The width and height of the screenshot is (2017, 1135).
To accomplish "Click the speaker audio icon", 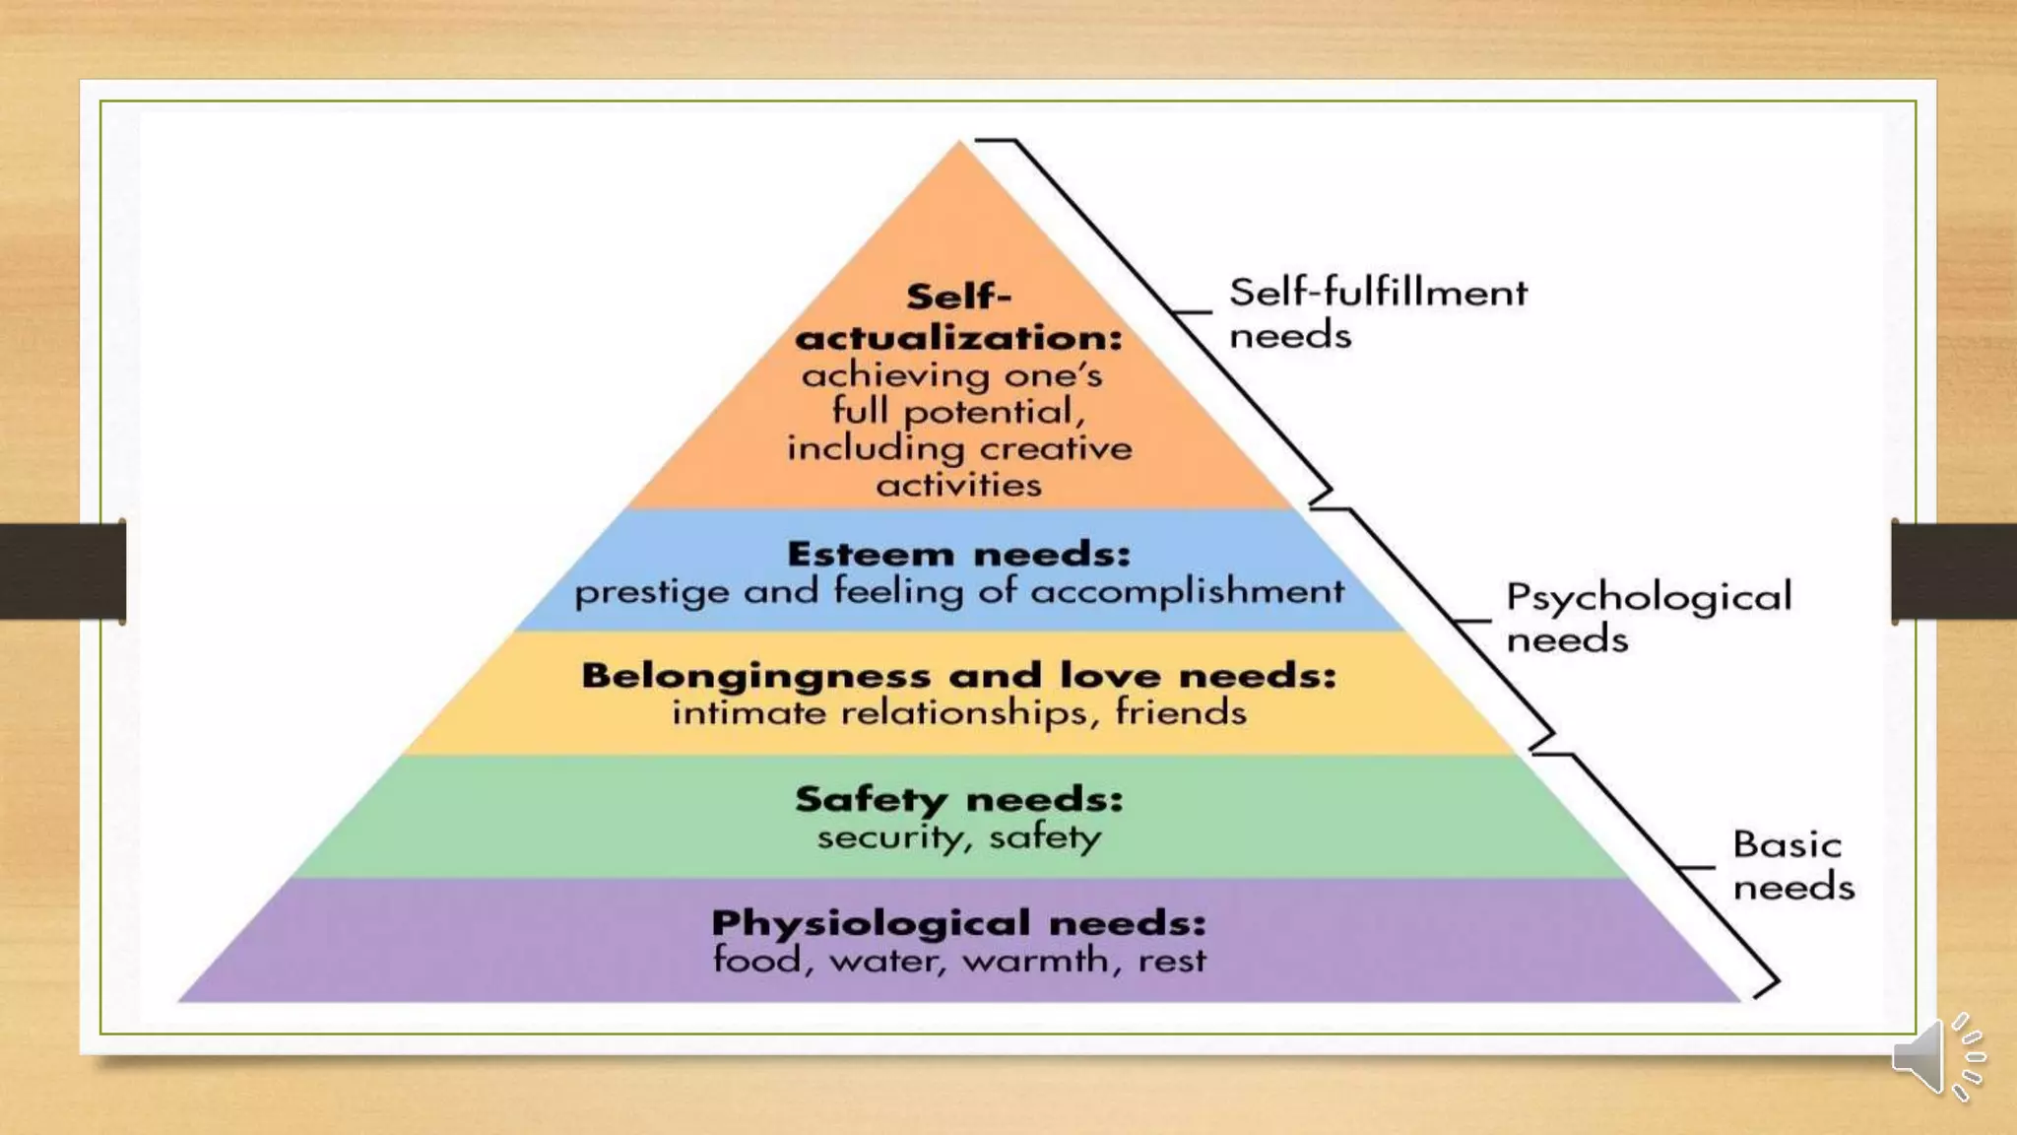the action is [1935, 1056].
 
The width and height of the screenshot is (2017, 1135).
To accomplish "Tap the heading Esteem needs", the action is [958, 554].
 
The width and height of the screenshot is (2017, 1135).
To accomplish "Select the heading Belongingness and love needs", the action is [958, 676].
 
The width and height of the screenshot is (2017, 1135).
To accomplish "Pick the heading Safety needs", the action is [958, 799].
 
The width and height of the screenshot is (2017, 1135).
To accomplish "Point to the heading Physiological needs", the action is [958, 923].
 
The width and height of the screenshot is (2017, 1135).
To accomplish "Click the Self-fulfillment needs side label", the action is [1377, 313].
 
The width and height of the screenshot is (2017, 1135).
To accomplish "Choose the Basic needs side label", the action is [1792, 865].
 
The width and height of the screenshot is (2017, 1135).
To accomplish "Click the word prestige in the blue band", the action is [651, 593].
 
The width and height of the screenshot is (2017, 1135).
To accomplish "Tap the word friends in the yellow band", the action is [1180, 711].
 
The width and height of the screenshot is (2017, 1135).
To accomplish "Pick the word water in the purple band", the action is [887, 960].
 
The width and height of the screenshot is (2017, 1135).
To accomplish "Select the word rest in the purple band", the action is [1171, 960].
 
